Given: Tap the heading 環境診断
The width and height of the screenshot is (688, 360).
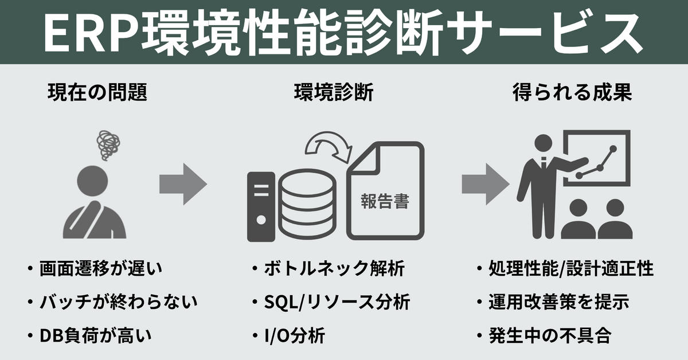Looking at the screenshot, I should point(334,93).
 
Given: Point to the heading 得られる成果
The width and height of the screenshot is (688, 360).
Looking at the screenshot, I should point(572,93).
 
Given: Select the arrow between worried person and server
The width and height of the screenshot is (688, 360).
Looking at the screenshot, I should point(182,183).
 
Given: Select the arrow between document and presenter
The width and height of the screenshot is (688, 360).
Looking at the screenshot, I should point(485,183).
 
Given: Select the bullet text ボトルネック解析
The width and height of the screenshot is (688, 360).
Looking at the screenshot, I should point(335,268).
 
